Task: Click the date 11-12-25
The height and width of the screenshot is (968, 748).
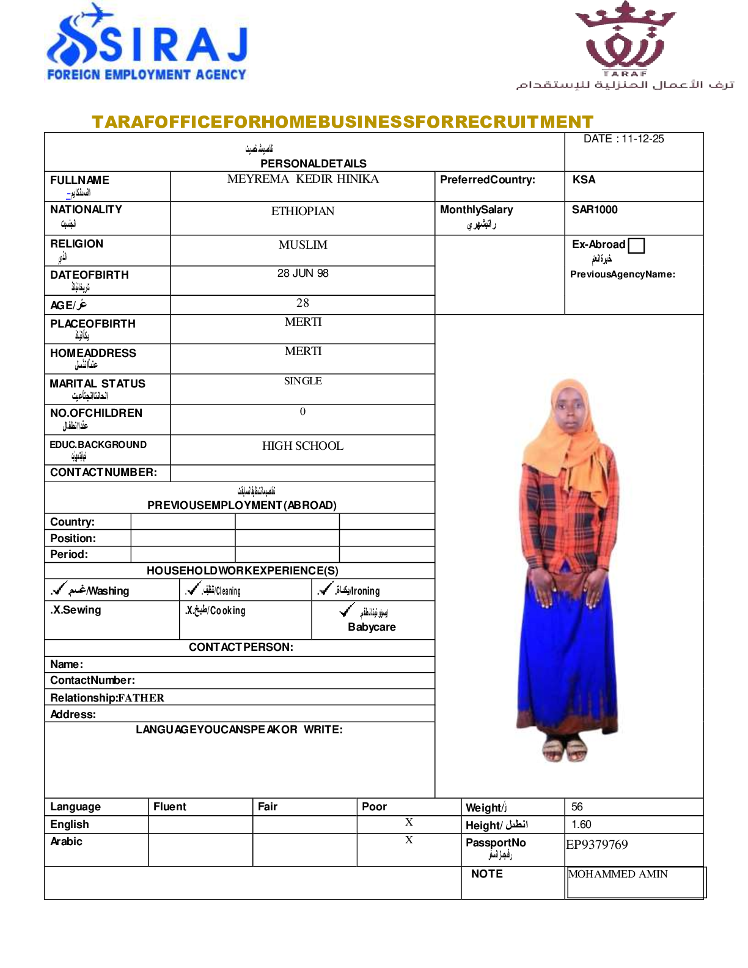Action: coord(643,139)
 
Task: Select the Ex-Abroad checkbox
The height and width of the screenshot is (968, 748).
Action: coord(636,246)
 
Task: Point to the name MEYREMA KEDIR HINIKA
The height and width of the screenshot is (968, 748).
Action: coord(302,179)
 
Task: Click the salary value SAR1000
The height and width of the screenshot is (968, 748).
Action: coord(595,210)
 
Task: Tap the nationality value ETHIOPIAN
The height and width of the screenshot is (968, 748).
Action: coord(302,211)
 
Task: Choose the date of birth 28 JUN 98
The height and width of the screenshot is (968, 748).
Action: coord(302,273)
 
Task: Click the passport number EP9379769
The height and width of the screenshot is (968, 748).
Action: coord(597,845)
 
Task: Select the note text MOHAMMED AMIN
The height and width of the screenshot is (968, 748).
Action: coord(618,874)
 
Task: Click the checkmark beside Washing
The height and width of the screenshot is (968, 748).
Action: coord(59,588)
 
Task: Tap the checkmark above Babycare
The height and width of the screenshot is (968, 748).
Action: coord(346,609)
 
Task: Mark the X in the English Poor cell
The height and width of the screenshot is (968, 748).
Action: coord(409,823)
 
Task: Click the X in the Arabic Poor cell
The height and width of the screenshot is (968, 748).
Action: coord(409,840)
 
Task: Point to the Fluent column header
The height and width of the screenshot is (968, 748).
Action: coord(170,807)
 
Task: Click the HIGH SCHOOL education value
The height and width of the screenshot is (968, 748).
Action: coord(302,446)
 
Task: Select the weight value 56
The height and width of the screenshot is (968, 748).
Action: coord(577,807)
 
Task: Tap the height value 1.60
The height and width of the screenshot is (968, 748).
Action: coord(581,824)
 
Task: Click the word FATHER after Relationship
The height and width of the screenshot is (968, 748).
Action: coord(141,698)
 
